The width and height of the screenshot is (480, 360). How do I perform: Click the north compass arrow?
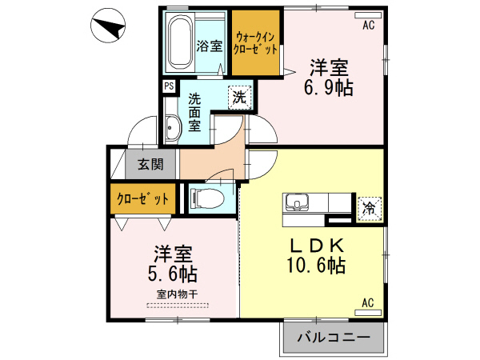click(108, 28)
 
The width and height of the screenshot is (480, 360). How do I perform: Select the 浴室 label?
click(210, 46)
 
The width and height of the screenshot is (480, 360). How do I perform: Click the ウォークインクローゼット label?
click(256, 42)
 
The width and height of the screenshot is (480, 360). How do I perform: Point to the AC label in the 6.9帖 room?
click(368, 25)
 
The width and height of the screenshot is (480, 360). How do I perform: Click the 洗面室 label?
click(195, 114)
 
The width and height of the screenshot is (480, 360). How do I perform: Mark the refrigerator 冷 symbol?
click(370, 207)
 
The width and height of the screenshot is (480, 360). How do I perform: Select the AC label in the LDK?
click(368, 303)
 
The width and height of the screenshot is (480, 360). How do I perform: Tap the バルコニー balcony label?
click(334, 338)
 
